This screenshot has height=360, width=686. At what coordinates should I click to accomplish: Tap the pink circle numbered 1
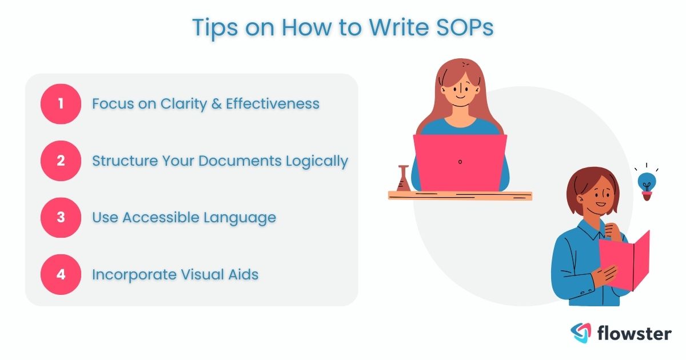[61, 104]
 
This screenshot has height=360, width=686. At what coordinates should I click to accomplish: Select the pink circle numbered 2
[61, 161]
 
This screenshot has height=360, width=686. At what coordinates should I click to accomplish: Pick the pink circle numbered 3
[61, 218]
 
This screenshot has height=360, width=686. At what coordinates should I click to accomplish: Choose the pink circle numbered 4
[61, 274]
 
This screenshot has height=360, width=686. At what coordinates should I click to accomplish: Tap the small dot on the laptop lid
[460, 162]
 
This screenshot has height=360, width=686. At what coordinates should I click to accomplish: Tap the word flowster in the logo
[633, 333]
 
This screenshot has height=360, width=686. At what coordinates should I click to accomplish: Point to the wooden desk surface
[460, 195]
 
